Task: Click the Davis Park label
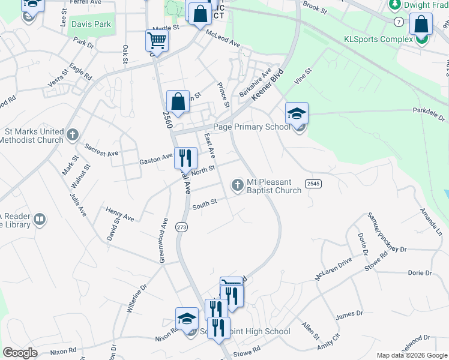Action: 91,25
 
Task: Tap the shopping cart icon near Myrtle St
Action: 156,41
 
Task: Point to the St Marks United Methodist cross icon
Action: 73,134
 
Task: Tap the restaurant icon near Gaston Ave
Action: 185,158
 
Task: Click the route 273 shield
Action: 181,227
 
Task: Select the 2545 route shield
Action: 312,183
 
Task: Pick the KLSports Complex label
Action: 378,39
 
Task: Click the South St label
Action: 204,205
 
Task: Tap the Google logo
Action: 20,353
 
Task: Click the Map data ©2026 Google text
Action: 412,355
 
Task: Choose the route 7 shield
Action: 399,22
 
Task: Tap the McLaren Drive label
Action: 334,270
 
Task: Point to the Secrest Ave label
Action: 101,149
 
